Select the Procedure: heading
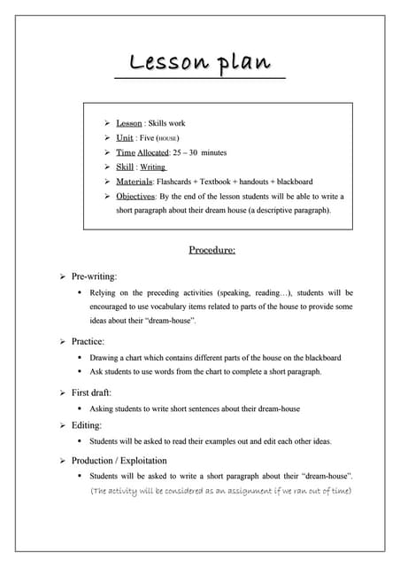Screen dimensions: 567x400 (x=212, y=250)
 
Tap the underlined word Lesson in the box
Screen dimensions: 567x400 (x=129, y=123)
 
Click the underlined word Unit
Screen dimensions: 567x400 (x=125, y=138)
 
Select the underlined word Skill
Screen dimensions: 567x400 (x=125, y=167)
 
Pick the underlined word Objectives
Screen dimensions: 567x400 (x=135, y=196)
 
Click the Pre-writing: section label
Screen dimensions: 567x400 (x=94, y=276)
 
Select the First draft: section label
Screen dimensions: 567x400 (x=91, y=392)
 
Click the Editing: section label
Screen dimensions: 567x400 (x=87, y=425)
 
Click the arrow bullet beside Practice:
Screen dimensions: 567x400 (x=63, y=341)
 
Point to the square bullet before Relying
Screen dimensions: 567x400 (x=80, y=292)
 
